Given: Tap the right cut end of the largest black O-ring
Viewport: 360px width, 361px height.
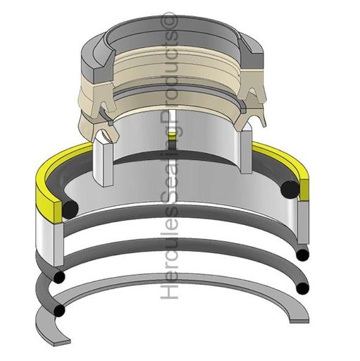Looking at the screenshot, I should tap(289, 188).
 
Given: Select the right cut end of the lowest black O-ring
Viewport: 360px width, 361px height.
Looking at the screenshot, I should tap(303, 288).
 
